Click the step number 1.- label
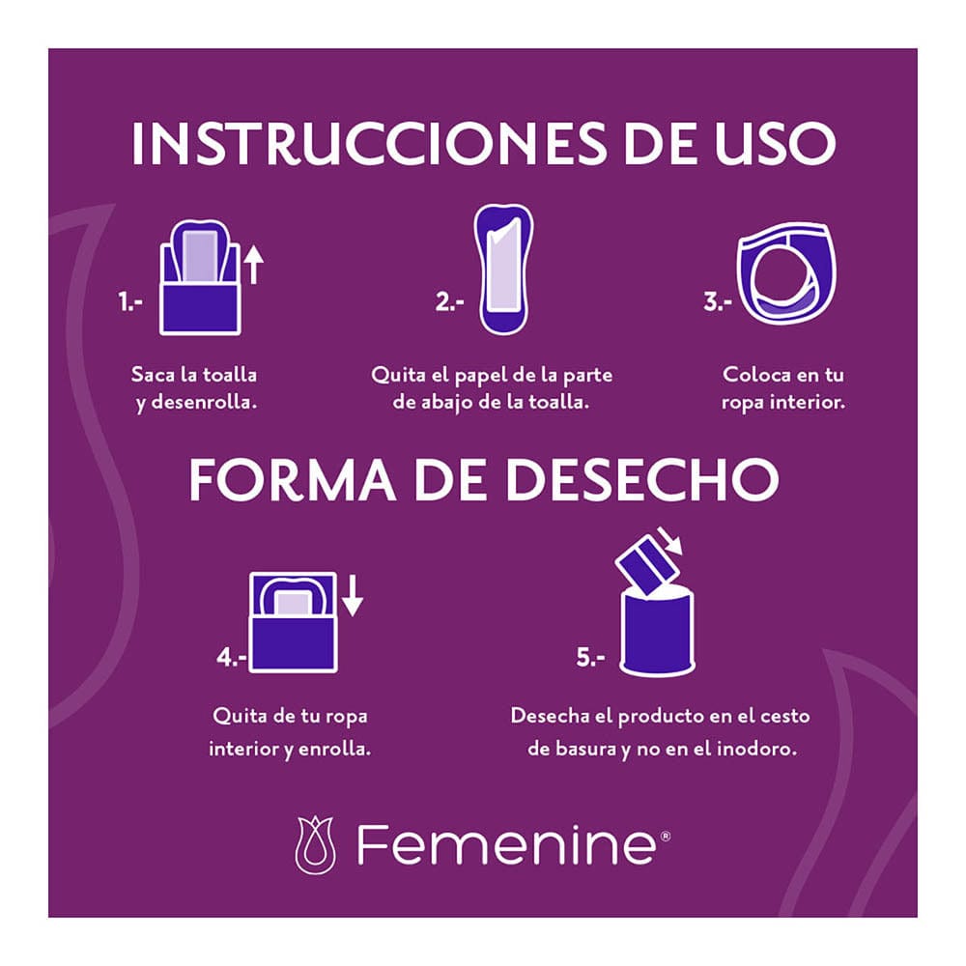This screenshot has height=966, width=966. (130, 302)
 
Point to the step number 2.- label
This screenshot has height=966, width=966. (450, 302)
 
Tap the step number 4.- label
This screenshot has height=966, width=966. (232, 659)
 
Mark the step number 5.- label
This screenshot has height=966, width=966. (590, 659)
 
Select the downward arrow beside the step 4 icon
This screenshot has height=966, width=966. (353, 595)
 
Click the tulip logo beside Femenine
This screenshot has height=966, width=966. (316, 844)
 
